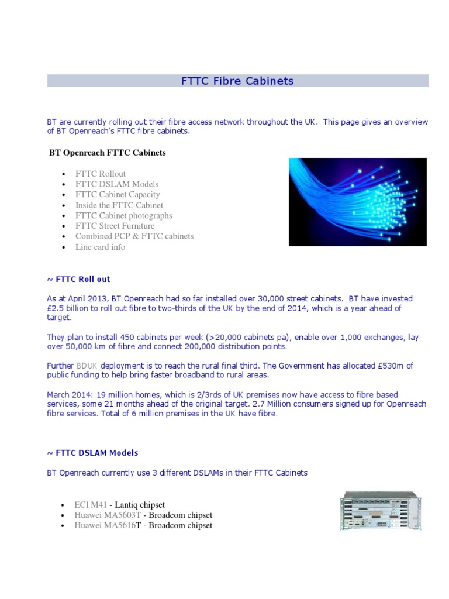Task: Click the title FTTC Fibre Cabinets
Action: pos(237,81)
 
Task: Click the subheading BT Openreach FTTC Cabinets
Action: pos(108,153)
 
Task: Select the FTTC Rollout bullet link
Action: pos(101,174)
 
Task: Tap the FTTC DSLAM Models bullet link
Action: pos(117,184)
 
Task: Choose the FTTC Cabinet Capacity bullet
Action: pos(118,195)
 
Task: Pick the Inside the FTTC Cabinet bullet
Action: pos(119,205)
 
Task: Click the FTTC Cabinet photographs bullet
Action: pos(124,215)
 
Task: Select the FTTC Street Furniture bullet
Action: pos(115,226)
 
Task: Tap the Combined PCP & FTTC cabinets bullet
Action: pos(134,236)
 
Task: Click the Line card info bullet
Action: pos(101,247)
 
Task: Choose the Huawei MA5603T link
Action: pos(108,515)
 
